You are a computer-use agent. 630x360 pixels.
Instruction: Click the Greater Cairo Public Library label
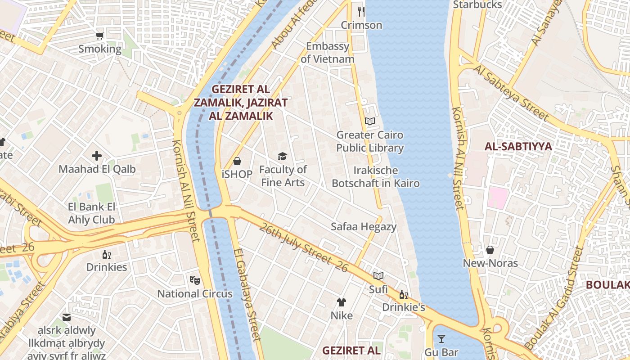tap(370, 141)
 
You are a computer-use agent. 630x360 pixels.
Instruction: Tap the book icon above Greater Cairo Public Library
tap(370, 121)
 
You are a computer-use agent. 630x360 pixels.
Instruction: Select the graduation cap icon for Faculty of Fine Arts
tap(283, 156)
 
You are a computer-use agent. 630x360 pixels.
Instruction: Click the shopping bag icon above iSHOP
tap(237, 161)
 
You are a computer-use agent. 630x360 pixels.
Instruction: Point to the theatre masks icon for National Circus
tap(195, 280)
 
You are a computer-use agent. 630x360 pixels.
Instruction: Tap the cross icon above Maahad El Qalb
tap(97, 156)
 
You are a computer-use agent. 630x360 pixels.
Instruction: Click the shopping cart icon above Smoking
tap(100, 36)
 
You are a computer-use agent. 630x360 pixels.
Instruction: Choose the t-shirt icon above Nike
tap(342, 302)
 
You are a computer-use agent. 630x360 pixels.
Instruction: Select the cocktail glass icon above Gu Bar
tap(441, 339)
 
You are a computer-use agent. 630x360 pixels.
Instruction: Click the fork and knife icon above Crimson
tap(361, 11)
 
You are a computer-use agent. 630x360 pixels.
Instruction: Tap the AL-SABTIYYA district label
tap(518, 146)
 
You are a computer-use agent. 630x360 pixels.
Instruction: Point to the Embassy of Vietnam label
tap(328, 53)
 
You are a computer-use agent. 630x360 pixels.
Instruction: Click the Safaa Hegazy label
tap(364, 226)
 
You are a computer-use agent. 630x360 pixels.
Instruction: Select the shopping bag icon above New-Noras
tap(490, 249)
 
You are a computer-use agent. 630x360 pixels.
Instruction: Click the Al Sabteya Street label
tap(511, 93)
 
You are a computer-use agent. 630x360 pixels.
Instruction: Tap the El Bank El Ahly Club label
tap(92, 213)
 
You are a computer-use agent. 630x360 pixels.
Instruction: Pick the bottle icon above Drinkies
tap(107, 254)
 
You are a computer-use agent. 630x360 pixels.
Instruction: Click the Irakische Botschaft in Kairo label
tap(376, 177)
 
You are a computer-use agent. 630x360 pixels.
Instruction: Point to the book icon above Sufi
tap(378, 276)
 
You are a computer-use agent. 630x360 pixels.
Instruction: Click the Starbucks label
tap(477, 4)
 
